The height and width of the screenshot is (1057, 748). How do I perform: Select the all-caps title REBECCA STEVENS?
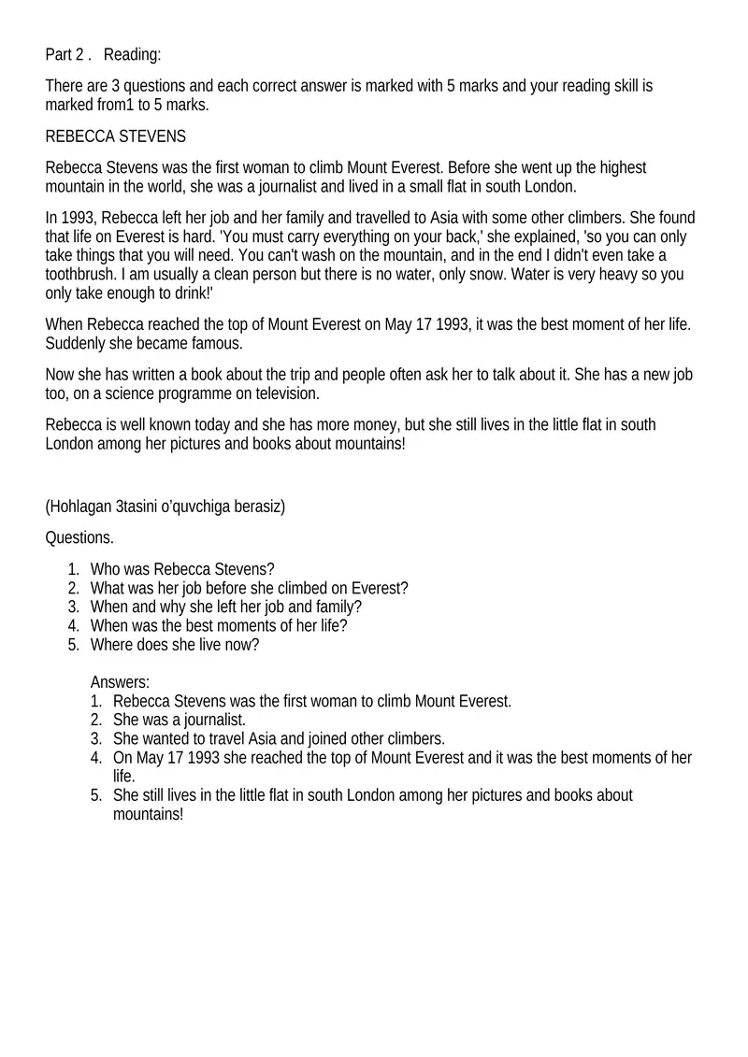pos(116,136)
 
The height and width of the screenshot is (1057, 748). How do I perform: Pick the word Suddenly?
pos(78,343)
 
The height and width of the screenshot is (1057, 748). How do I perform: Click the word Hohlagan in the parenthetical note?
pos(80,507)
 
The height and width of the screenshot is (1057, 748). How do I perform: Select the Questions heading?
pos(79,537)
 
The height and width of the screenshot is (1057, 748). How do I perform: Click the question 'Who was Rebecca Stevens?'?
pos(182,569)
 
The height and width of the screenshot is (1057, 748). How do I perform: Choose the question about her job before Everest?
pos(249,588)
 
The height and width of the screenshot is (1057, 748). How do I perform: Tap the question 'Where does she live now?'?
pos(175,645)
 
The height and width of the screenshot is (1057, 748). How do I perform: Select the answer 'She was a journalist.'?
pos(179,720)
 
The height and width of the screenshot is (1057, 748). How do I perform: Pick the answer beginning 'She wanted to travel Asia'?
pos(279,738)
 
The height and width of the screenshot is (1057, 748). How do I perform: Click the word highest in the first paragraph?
pos(621,168)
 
